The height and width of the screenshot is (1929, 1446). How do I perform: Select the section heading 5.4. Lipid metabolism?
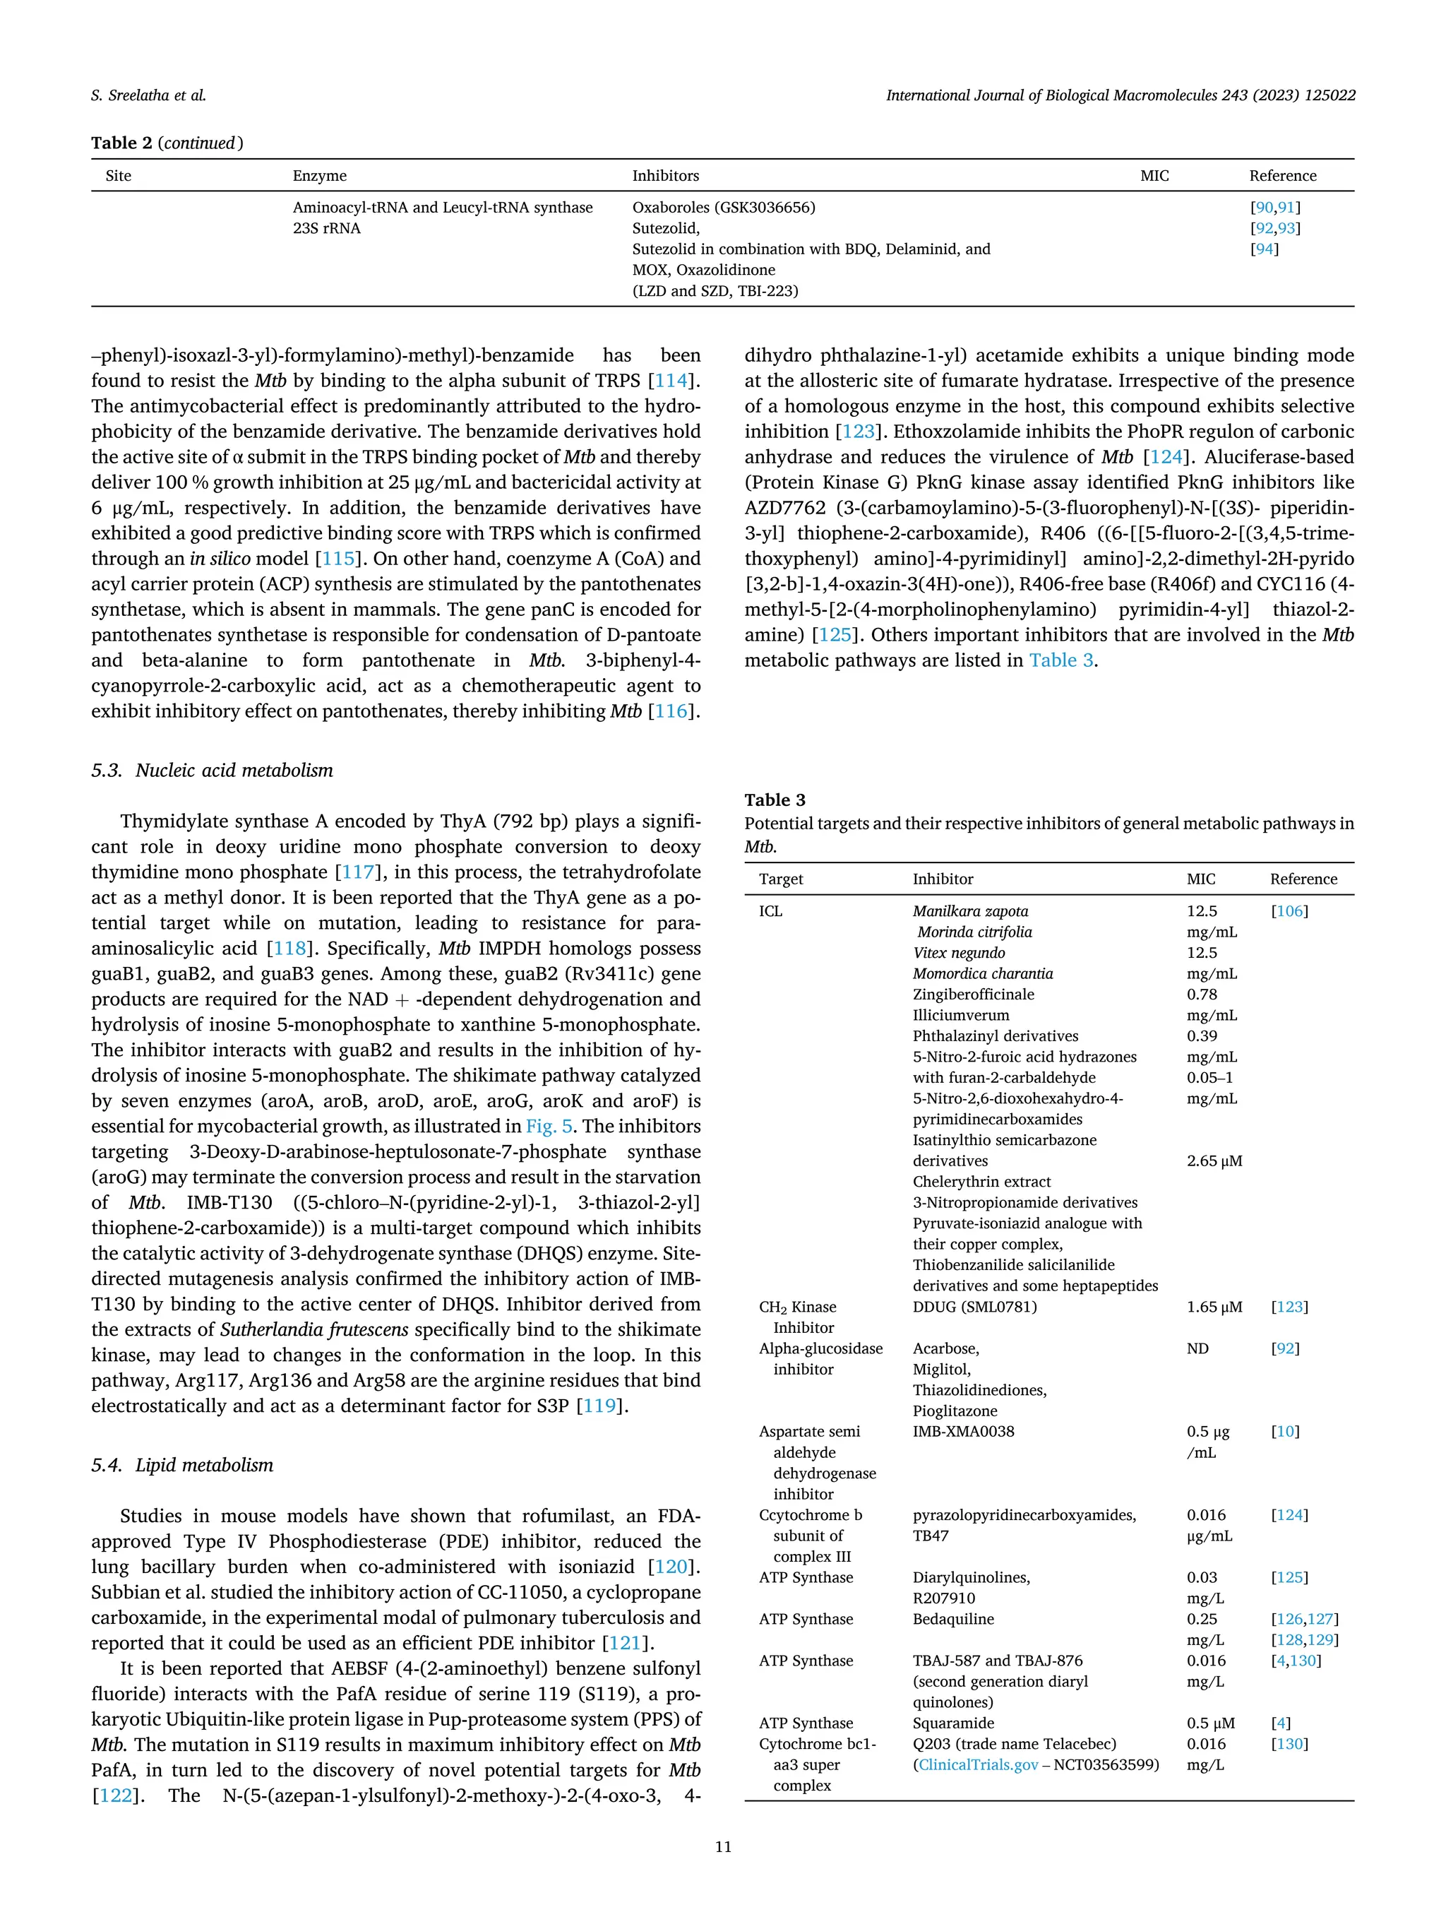point(182,1465)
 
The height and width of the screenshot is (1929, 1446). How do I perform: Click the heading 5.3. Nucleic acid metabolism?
point(212,770)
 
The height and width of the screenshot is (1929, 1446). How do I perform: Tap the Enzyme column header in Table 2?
point(319,176)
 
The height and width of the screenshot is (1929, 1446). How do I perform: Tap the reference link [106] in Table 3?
point(1289,911)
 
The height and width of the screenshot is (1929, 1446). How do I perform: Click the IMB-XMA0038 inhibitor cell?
point(963,1432)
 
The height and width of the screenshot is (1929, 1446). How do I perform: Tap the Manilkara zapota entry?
point(970,911)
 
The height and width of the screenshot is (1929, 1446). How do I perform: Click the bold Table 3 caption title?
point(775,800)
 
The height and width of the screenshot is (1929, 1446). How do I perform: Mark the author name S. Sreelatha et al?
point(148,96)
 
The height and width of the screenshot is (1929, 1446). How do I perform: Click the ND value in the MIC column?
point(1197,1349)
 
